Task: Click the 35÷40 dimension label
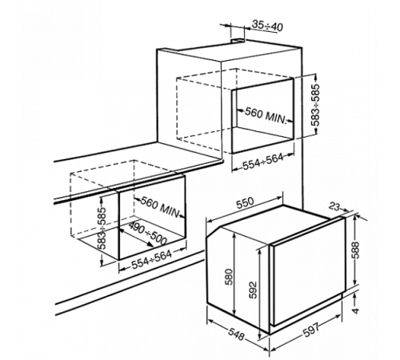(267, 26)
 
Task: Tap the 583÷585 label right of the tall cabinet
(315, 105)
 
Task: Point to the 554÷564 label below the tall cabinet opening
(263, 162)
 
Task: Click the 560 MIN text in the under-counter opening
(159, 207)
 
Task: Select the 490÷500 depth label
(148, 234)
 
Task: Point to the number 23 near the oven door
(334, 206)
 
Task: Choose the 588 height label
(355, 250)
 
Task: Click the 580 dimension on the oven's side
(229, 277)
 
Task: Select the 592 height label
(253, 290)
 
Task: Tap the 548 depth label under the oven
(236, 334)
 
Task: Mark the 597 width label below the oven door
(311, 330)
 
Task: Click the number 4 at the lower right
(356, 310)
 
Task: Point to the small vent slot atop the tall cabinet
(238, 41)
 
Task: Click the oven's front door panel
(307, 271)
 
